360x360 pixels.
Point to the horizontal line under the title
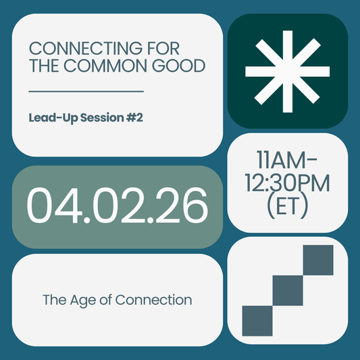[x=86, y=91]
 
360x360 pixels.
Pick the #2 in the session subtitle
[x=134, y=118]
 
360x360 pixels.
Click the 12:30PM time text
[x=288, y=183]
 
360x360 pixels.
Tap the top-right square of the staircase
[x=318, y=261]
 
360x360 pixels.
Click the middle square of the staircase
[x=288, y=290]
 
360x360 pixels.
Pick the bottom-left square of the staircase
[x=257, y=321]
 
